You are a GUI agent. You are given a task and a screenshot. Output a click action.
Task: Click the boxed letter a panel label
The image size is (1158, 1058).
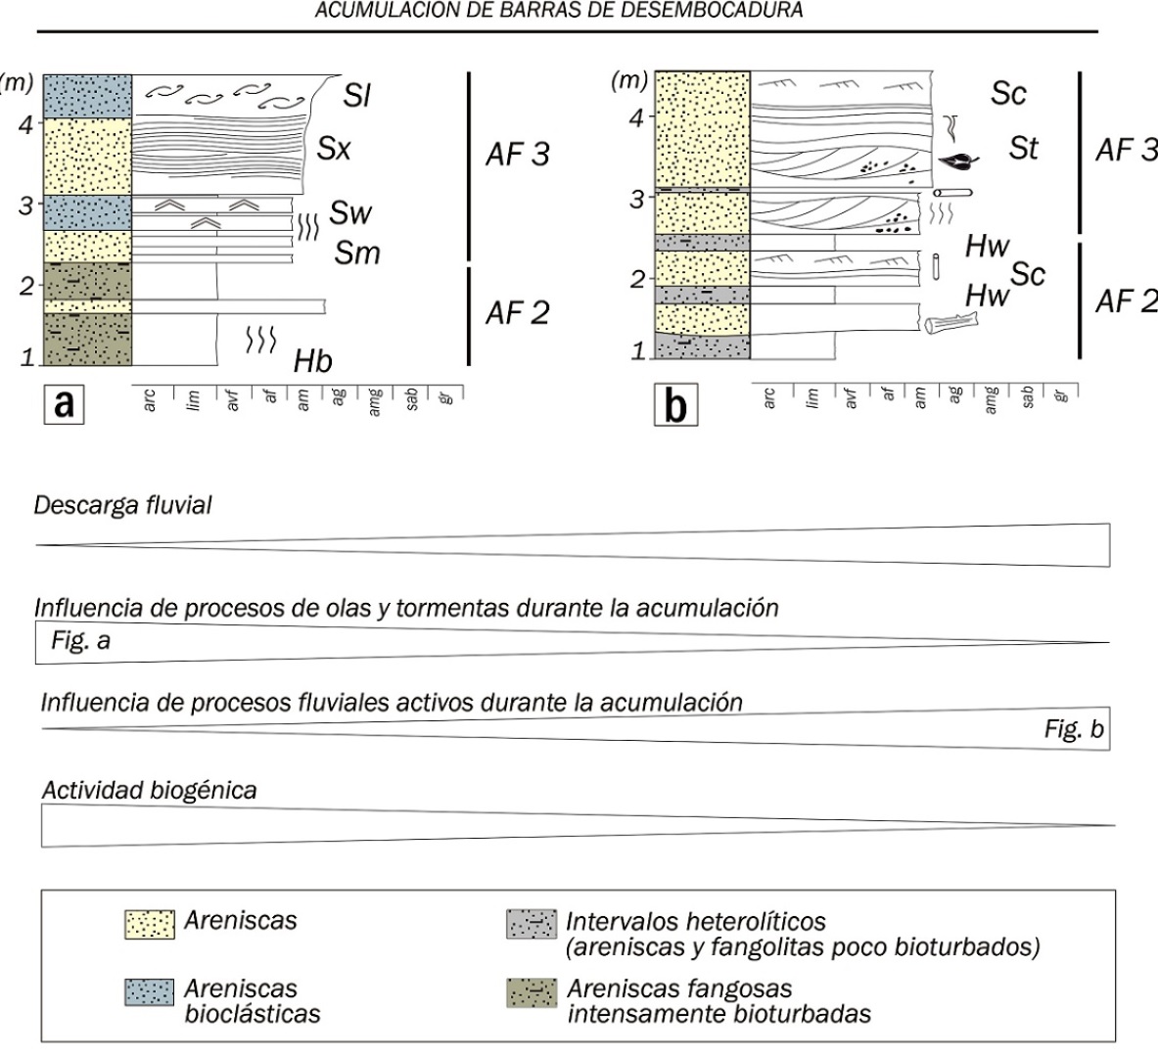(65, 404)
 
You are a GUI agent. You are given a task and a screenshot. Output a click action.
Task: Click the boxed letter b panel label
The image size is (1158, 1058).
(675, 405)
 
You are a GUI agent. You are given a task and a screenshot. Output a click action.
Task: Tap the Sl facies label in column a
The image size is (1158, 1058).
(356, 95)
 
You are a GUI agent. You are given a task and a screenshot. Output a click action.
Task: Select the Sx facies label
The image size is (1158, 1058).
(334, 149)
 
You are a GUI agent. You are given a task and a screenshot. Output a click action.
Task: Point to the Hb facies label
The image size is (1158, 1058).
(312, 361)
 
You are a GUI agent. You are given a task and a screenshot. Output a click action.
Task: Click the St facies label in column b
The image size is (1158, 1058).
(1023, 149)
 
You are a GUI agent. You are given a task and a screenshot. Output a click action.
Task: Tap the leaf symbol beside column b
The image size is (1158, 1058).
(958, 161)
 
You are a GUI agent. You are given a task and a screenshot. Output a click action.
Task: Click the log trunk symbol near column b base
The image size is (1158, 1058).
(951, 323)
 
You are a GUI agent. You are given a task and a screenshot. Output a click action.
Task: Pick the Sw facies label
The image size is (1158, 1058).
(350, 212)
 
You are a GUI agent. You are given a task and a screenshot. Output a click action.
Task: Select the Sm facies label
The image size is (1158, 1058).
(356, 253)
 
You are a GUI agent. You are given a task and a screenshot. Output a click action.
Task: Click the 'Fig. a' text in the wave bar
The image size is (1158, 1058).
(80, 640)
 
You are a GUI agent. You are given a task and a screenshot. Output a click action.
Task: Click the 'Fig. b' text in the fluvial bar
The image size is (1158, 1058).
(1074, 729)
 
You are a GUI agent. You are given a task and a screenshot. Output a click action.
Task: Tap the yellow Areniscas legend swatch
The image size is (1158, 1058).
(150, 924)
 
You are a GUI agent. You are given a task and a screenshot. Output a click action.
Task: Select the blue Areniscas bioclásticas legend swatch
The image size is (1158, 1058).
(150, 992)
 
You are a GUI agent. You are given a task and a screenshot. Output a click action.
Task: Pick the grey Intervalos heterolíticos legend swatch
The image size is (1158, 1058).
(532, 924)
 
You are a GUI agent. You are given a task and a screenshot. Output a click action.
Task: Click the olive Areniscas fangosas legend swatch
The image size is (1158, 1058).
(532, 992)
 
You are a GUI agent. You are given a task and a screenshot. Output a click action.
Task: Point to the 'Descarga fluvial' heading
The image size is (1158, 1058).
(122, 505)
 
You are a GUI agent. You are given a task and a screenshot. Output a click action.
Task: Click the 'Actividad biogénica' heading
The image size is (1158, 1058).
(149, 790)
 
